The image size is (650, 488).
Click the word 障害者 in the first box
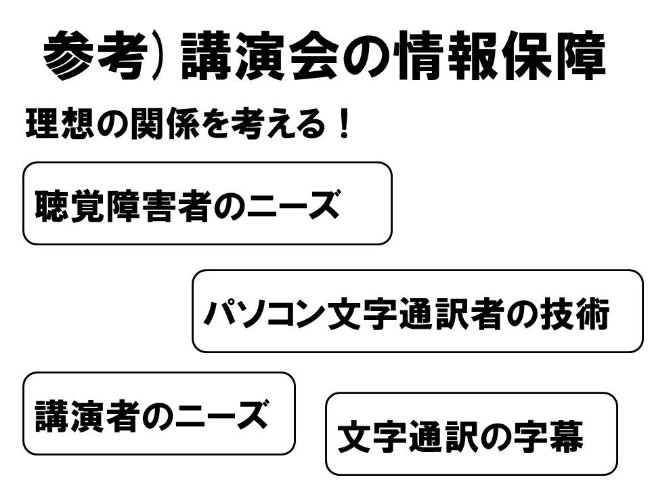(x=160, y=204)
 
